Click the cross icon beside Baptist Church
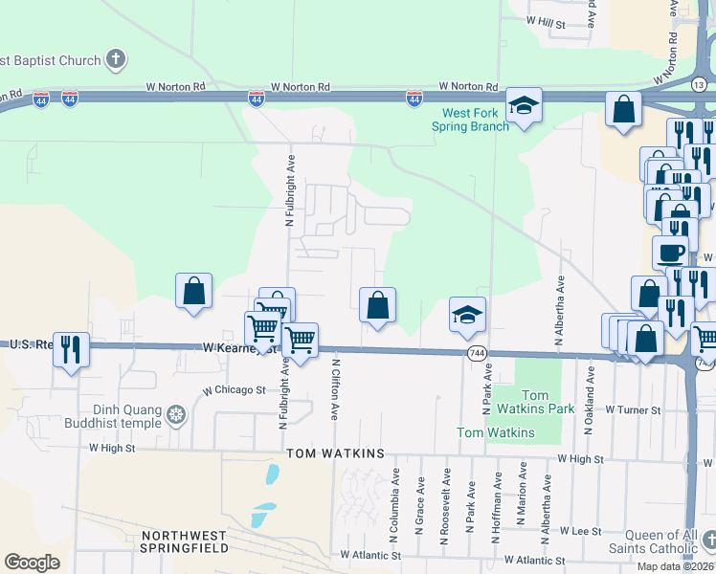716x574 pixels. point(115,60)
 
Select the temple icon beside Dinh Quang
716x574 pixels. point(175,415)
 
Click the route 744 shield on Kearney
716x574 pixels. point(476,354)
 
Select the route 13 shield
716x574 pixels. point(699,86)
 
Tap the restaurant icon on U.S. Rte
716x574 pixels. point(71,350)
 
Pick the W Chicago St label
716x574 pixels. point(234,390)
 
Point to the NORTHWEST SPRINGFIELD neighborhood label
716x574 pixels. point(185,541)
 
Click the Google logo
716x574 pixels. point(32,563)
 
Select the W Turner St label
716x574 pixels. point(632,409)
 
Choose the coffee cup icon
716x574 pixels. point(670,253)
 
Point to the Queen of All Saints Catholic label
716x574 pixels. point(655,541)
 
